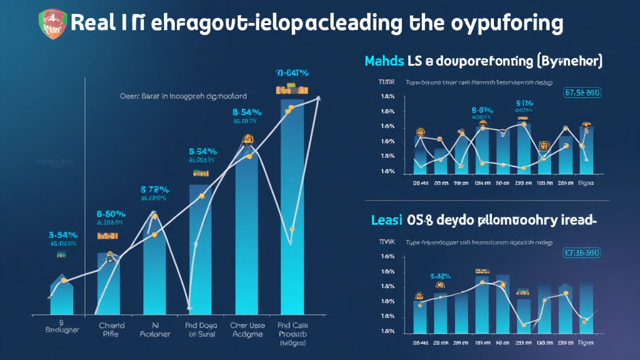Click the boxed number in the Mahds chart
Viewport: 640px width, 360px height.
(582, 93)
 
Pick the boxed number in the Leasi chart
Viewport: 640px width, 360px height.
(582, 253)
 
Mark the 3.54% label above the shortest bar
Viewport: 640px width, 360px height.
(62, 235)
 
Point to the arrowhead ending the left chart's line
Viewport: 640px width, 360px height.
(319, 97)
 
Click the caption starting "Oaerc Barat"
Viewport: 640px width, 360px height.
(182, 97)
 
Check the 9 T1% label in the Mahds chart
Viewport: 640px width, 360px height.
(524, 103)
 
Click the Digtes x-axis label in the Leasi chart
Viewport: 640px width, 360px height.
(586, 343)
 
